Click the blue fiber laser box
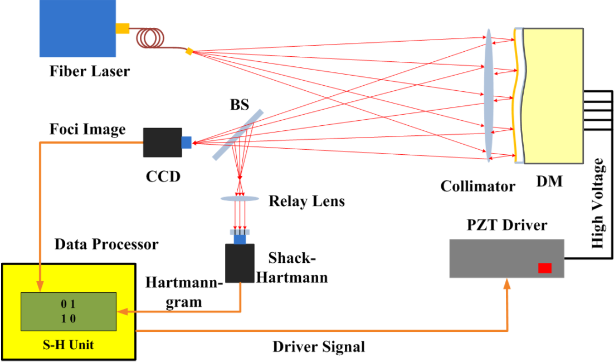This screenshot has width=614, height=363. pyautogui.click(x=77, y=28)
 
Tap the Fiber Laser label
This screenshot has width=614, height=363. pyautogui.click(x=89, y=71)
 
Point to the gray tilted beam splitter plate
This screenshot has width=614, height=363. pyautogui.click(x=237, y=134)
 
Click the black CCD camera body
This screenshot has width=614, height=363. pyautogui.click(x=162, y=143)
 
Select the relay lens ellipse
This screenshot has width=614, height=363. pyautogui.click(x=240, y=198)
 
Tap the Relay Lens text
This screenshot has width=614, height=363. pyautogui.click(x=306, y=201)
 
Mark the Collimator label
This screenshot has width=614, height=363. pyautogui.click(x=477, y=186)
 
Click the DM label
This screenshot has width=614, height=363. pyautogui.click(x=549, y=181)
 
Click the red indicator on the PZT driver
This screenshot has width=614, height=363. pyautogui.click(x=544, y=268)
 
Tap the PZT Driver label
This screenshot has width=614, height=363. pyautogui.click(x=506, y=225)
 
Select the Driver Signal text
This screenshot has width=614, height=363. pyautogui.click(x=319, y=347)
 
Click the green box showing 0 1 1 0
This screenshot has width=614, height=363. pyautogui.click(x=68, y=311)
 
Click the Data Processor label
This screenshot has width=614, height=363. pyautogui.click(x=106, y=244)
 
